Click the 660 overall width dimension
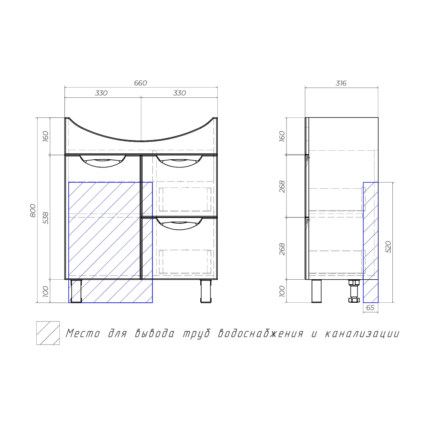140,83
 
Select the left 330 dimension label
101,93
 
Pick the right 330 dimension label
179,93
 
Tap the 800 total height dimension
33,211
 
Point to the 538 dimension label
46,218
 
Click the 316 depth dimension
341,83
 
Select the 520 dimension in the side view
388,247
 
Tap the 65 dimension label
370,308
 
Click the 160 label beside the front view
46,136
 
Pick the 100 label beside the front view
46,291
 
